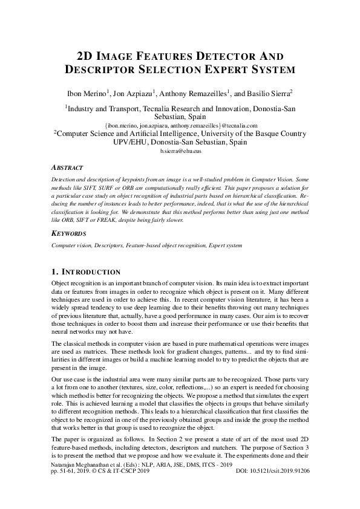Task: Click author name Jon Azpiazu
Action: coord(136,93)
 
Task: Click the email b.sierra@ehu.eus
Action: coord(180,151)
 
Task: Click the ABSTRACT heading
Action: coord(67,167)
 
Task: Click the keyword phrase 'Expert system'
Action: coord(225,245)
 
